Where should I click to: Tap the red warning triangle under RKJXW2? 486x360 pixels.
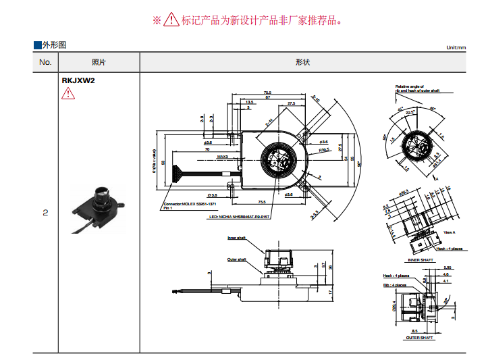pos(68,93)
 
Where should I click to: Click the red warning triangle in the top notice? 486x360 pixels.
pos(172,20)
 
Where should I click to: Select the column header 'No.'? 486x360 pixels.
pos(45,62)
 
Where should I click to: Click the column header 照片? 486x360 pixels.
pos(99,62)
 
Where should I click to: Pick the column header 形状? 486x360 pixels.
pos(302,62)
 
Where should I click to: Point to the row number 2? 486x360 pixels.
pos(45,213)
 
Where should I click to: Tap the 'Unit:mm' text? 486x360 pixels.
pos(456,48)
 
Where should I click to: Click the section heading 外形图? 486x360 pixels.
pos(54,45)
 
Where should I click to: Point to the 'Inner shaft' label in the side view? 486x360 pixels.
pos(236,238)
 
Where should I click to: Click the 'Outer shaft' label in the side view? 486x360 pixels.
pos(236,259)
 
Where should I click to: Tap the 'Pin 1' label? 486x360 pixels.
pos(168,208)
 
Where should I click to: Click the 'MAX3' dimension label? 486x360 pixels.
pos(223,157)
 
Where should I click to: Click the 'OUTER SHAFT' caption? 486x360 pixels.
pos(419,338)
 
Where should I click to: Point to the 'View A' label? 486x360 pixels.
pos(449,232)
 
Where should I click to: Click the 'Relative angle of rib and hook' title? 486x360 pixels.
pos(418,88)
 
